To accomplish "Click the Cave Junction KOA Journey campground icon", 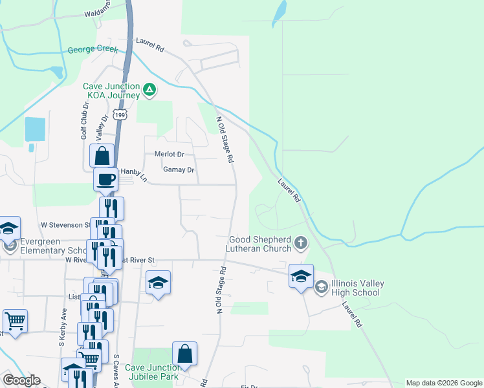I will tap(149, 90).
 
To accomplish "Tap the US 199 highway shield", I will tap(119, 114).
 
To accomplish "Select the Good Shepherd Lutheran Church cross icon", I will tap(300, 243).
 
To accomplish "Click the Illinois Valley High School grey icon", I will tap(322, 286).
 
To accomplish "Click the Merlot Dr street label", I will tap(170, 155).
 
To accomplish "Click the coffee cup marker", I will tap(105, 179).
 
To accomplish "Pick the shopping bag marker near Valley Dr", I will tap(102, 155).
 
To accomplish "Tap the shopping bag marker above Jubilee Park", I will tap(184, 353).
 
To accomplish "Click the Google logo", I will tap(21, 381).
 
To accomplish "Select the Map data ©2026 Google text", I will tap(444, 383).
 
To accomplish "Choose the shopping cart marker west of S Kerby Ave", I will tap(15, 321).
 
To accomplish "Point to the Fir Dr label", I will tap(249, 386).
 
